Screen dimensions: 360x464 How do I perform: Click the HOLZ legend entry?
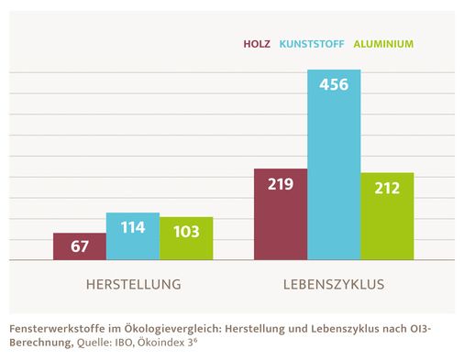(x=257, y=43)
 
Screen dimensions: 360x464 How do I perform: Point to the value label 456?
(x=334, y=84)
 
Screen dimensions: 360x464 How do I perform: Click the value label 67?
(x=79, y=246)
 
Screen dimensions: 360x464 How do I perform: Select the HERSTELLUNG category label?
(x=133, y=285)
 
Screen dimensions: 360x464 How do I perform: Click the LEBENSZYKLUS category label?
(x=333, y=285)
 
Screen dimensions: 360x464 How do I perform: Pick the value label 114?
(x=132, y=226)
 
